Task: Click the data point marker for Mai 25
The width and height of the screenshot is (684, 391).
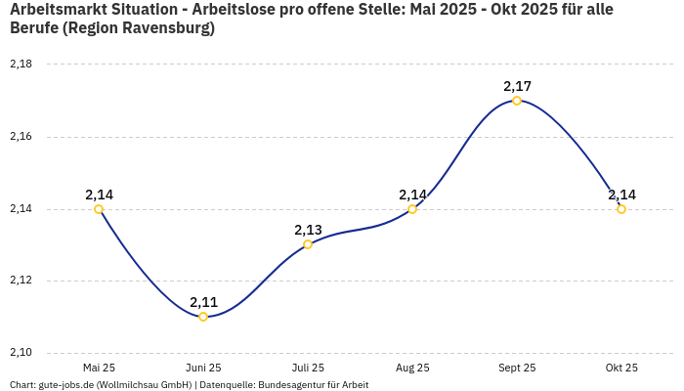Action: pos(99,209)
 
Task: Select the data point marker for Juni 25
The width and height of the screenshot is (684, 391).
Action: pos(203,317)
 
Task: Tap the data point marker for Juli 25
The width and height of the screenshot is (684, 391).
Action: pos(308,244)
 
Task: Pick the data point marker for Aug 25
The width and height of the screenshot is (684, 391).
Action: pos(412,209)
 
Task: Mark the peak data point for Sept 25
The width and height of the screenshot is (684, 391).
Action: pos(517,101)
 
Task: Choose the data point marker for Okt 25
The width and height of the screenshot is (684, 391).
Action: pos(621,209)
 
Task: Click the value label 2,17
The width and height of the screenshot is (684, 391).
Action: pos(517,86)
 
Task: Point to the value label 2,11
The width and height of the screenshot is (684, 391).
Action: pos(203,302)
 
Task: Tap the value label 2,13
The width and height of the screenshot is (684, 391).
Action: pos(308,230)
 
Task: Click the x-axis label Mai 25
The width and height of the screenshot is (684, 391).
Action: pos(99,368)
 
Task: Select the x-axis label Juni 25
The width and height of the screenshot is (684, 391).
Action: pos(203,368)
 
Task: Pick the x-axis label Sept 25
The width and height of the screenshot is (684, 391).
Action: pos(517,368)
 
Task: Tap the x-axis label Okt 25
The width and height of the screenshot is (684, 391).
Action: pos(621,368)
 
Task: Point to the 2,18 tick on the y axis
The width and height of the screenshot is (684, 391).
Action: pos(21,65)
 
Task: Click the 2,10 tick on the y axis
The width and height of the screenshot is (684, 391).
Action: pos(21,353)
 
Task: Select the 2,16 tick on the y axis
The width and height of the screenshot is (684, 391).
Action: pos(21,137)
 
